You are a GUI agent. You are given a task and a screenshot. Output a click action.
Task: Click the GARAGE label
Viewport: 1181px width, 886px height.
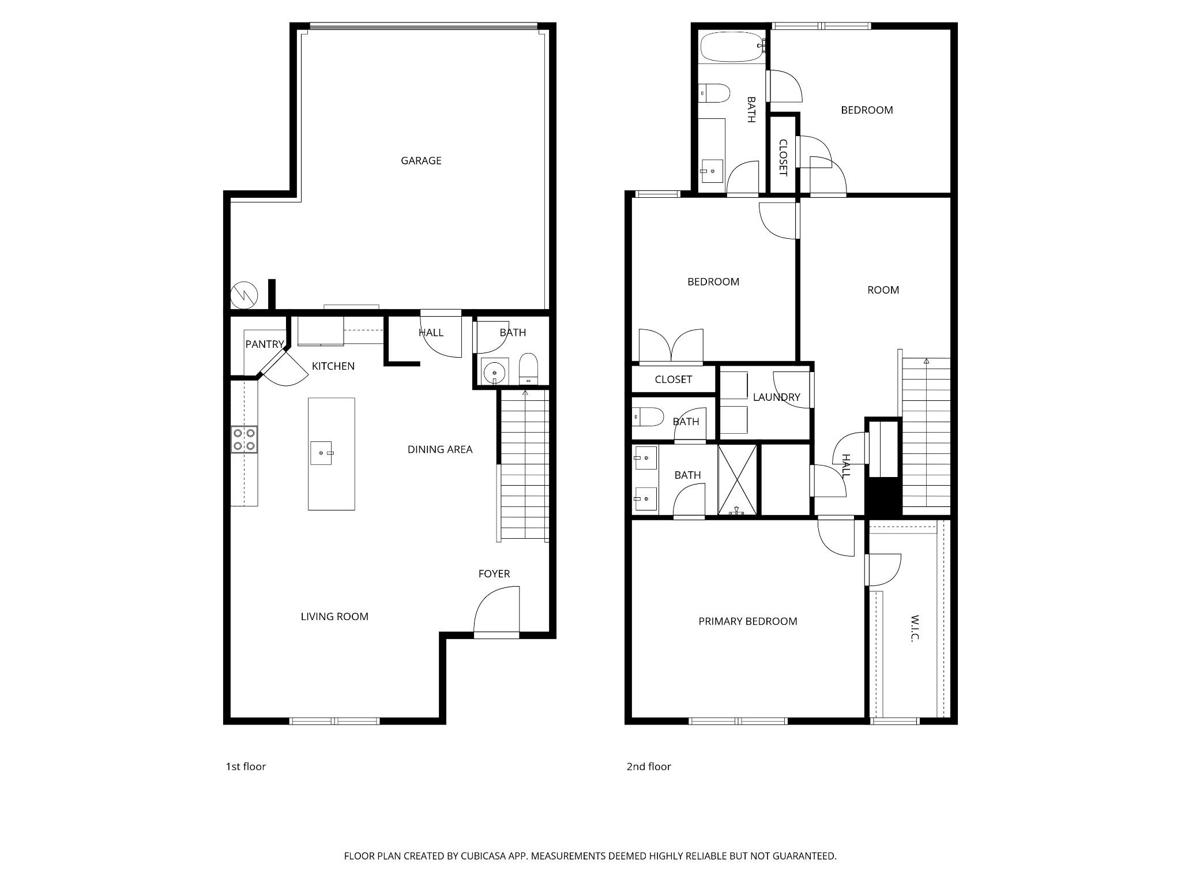[421, 161]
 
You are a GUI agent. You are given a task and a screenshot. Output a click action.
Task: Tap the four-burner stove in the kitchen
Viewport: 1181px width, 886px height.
[244, 440]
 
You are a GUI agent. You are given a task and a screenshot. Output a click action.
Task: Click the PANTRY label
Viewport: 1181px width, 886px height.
[264, 344]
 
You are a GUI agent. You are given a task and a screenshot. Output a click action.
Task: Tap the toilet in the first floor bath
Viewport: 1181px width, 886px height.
[528, 369]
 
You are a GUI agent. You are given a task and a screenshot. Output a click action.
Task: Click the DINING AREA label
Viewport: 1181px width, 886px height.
[439, 449]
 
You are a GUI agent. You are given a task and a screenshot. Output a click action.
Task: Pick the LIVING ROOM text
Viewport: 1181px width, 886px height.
[334, 617]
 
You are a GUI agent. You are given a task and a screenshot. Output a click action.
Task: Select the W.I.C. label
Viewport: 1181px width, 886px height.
[915, 628]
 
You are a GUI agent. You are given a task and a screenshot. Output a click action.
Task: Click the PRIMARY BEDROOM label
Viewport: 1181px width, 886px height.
[747, 621]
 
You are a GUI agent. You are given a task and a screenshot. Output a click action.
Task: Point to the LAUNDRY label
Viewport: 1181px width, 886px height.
[776, 397]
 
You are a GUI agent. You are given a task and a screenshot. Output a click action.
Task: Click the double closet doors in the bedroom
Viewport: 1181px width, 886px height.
[671, 346]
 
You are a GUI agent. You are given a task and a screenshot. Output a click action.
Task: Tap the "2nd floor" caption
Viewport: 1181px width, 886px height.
[649, 767]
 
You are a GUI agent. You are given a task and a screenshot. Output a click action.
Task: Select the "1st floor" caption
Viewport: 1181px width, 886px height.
[246, 767]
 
